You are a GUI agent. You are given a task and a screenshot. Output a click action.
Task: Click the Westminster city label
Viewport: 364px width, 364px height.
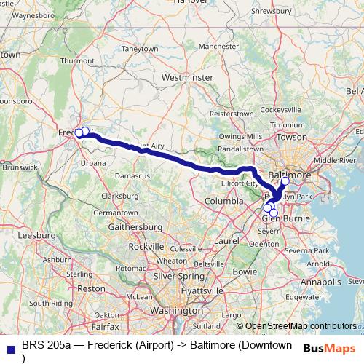(x=188, y=76)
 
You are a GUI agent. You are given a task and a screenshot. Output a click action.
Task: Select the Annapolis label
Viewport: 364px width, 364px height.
(x=320, y=279)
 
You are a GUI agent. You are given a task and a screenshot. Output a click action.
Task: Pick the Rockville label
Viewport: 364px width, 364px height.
(x=146, y=247)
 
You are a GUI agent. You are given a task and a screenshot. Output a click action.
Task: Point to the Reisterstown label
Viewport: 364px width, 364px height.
(x=231, y=114)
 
